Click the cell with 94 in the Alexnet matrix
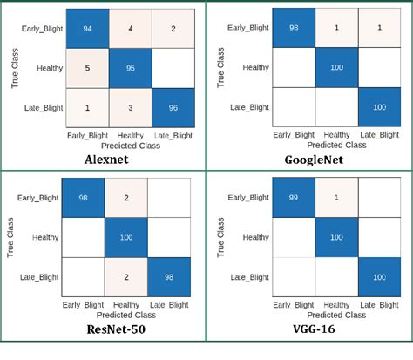[86, 30]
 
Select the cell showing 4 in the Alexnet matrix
[130, 30]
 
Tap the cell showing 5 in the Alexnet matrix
[86, 68]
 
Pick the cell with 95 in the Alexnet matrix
[130, 68]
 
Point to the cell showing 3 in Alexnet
[130, 106]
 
